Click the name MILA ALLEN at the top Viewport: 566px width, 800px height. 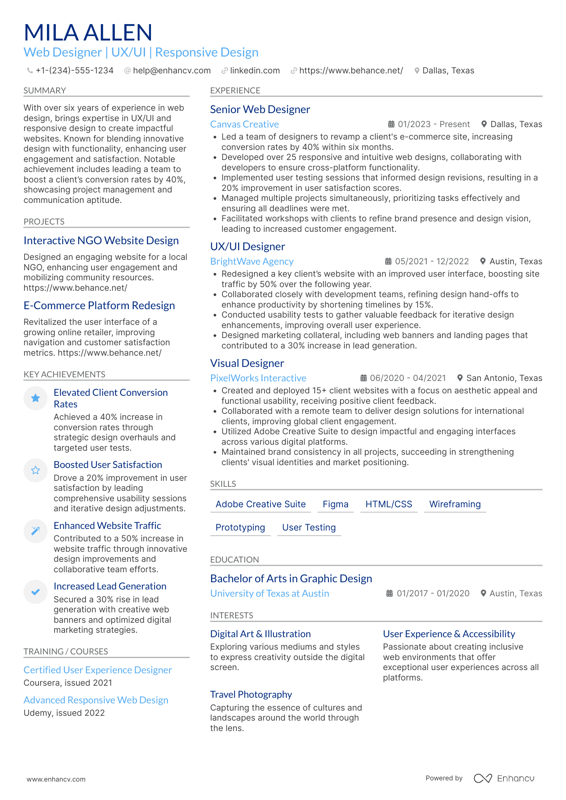pos(88,32)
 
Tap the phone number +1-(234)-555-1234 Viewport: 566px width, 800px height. pos(74,71)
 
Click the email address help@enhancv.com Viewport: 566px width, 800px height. pos(171,71)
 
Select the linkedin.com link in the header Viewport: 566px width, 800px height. pos(254,71)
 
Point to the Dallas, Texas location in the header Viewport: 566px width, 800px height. pos(448,71)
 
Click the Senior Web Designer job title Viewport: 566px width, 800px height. pos(260,109)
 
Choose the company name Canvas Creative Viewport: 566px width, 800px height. pos(244,124)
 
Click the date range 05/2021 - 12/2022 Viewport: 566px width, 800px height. pos(432,261)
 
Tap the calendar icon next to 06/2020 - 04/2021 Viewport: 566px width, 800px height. pos(363,378)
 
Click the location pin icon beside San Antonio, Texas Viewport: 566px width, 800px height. pos(460,378)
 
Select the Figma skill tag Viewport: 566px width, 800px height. pos(335,504)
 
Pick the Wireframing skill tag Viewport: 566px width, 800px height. pos(455,504)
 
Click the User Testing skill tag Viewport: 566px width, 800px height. pos(309,527)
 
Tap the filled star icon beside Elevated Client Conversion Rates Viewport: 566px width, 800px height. pos(36,398)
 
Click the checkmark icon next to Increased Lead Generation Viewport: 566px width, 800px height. pos(36,591)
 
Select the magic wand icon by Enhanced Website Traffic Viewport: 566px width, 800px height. pos(36,531)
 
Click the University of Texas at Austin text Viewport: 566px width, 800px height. pos(269,593)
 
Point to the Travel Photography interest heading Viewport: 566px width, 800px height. pos(251,695)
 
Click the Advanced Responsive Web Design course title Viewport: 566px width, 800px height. pos(96,700)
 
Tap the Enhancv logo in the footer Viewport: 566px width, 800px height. pos(504,778)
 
